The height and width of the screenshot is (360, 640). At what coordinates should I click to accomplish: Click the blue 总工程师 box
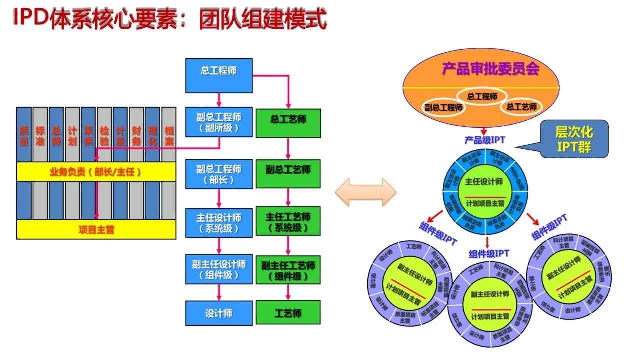point(219,75)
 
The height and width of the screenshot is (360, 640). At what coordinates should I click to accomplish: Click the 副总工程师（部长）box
point(219,174)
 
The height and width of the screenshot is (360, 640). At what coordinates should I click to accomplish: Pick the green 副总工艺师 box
point(288,174)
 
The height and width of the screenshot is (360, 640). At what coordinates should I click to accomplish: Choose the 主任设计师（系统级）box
point(219,223)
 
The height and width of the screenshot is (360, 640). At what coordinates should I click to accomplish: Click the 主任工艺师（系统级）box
point(288,223)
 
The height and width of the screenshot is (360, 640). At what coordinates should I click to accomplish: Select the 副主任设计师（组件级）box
point(219,270)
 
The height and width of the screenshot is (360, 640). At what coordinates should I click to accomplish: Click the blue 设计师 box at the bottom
point(219,313)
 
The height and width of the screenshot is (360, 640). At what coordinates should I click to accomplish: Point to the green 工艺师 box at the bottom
point(288,313)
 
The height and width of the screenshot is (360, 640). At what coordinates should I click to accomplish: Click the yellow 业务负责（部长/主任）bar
point(96,172)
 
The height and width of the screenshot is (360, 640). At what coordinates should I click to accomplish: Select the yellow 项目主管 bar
point(96,229)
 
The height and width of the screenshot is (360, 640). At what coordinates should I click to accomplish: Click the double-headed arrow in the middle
point(365,192)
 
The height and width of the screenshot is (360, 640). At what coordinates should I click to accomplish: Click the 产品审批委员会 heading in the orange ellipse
point(490,69)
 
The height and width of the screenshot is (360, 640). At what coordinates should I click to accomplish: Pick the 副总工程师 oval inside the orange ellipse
point(444,107)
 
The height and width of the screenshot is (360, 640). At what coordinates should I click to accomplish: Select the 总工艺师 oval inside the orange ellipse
point(521,107)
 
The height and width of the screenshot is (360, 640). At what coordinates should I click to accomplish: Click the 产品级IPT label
point(484,140)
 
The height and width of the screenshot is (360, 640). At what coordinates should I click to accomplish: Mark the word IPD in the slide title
point(31,18)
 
